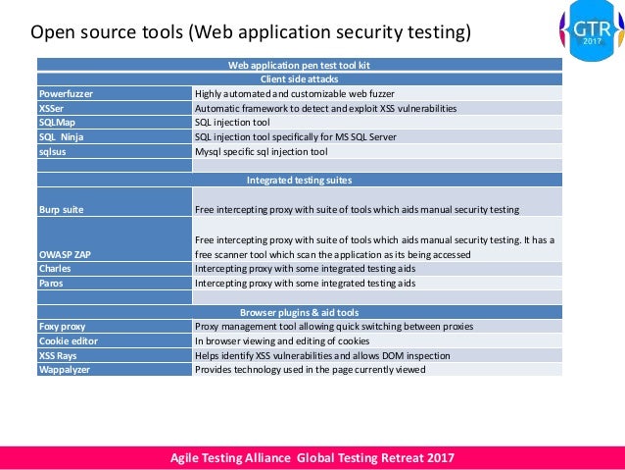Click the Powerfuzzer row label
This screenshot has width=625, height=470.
click(66, 93)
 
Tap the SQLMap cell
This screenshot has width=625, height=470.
click(56, 123)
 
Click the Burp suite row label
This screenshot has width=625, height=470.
click(61, 210)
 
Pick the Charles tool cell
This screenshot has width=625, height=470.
click(54, 268)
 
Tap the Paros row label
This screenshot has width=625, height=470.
click(52, 283)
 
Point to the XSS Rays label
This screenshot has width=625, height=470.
click(60, 355)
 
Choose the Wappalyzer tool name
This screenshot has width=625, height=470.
click(64, 370)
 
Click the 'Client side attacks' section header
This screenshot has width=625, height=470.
click(299, 78)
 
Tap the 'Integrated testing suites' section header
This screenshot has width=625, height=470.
click(299, 181)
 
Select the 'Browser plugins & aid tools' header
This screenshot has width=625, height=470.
click(299, 311)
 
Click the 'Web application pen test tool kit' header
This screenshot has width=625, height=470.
click(299, 65)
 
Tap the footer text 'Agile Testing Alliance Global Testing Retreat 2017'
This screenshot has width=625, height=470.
click(312, 458)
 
